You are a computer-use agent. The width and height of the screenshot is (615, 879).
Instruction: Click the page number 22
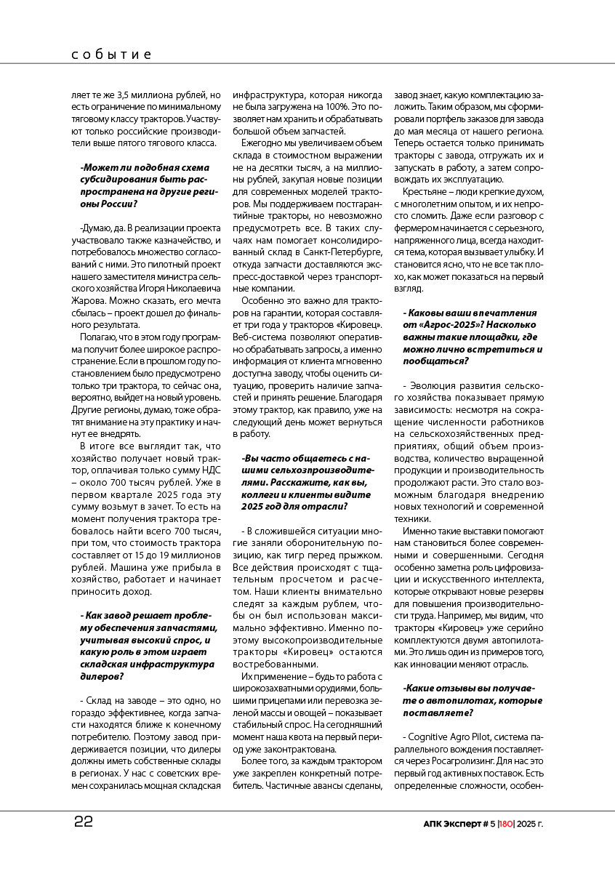click(83, 822)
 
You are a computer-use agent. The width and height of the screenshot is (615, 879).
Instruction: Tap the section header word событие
click(112, 55)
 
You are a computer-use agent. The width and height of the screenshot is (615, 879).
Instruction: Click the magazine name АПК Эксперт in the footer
click(451, 824)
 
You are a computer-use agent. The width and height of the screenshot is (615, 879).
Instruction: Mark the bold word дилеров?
click(102, 676)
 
